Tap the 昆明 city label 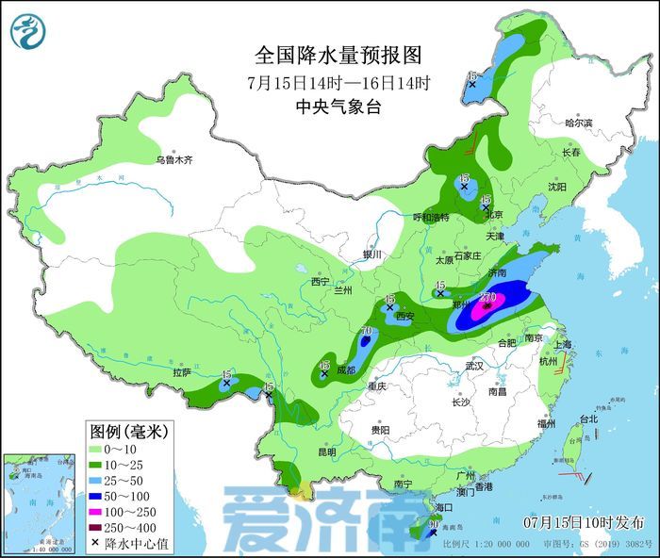point(326,451)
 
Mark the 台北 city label point(588,418)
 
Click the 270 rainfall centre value point(489,298)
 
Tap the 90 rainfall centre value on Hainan point(434,524)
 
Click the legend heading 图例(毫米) point(128,432)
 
